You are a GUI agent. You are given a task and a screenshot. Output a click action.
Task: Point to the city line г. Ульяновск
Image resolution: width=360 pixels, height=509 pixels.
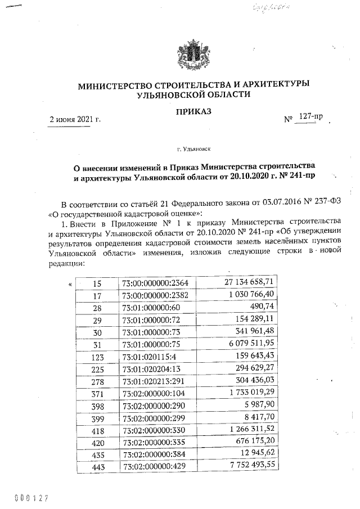click(193, 150)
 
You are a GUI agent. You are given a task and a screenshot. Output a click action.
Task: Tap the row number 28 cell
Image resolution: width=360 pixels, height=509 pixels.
click(96, 307)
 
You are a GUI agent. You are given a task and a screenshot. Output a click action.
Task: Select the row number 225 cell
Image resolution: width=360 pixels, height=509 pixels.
click(96, 368)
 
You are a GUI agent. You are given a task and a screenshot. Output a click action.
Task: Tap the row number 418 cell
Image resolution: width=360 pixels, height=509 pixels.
click(96, 430)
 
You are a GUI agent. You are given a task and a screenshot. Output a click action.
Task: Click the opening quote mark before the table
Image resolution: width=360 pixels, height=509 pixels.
click(70, 282)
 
